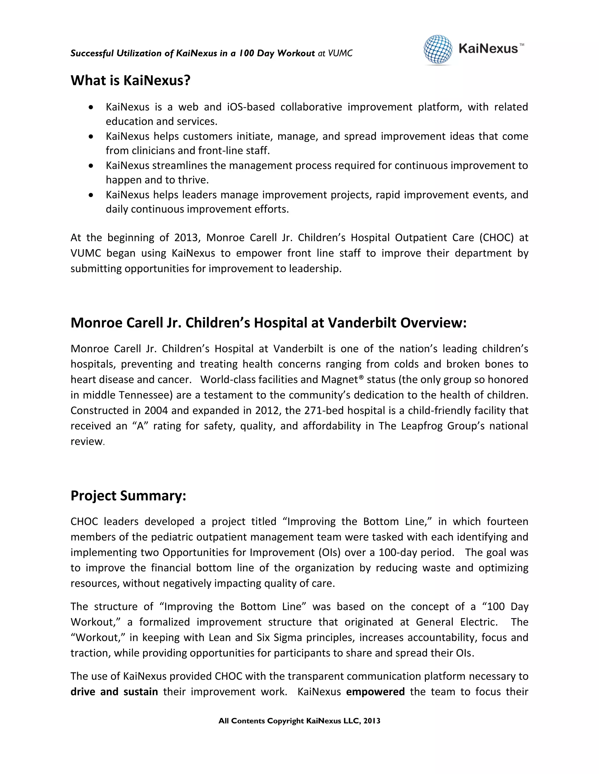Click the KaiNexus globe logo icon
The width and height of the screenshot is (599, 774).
tap(438, 50)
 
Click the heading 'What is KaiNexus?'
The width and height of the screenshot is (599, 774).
tap(130, 80)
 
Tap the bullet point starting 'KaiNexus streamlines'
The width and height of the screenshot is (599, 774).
tap(91, 166)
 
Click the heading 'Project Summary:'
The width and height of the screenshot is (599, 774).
tap(128, 495)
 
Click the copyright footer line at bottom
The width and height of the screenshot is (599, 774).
tap(299, 721)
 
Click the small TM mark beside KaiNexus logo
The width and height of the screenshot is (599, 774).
tap(522, 45)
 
